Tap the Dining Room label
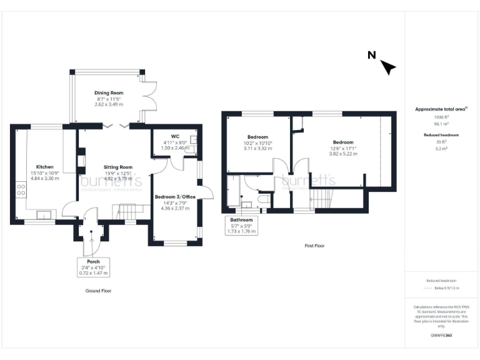click(109, 92)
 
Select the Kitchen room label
click(44, 167)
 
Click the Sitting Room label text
click(117, 167)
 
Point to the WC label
click(175, 136)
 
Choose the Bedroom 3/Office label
click(175, 196)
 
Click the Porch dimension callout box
click(93, 267)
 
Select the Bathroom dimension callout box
click(241, 225)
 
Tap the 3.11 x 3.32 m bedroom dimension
click(258, 148)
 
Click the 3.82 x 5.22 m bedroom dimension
click(343, 153)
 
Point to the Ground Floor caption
click(98, 291)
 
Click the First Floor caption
click(314, 246)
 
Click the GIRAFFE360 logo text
click(441, 336)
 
